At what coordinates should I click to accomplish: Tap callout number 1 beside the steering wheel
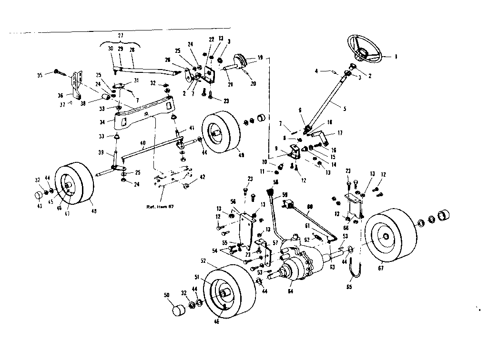click(x=395, y=56)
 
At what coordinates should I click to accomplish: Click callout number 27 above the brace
click(x=120, y=36)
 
